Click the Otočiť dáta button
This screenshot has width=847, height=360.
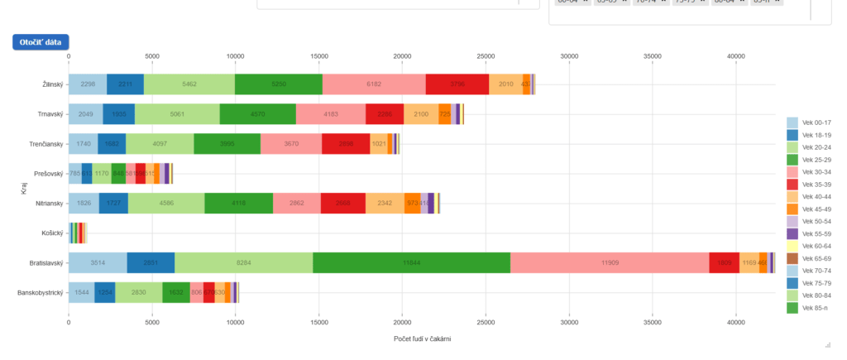click(41, 42)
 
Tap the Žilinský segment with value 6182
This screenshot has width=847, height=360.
click(374, 84)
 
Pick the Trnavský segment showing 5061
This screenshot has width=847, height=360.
click(177, 114)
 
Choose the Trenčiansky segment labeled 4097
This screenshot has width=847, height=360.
click(160, 144)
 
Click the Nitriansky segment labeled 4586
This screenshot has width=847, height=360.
click(166, 204)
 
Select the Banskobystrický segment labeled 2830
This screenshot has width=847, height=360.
click(138, 292)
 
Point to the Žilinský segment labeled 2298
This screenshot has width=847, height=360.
click(88, 84)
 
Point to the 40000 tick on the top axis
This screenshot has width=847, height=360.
click(735, 57)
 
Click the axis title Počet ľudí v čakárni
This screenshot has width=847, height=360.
click(422, 338)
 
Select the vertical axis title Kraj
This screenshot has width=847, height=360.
click(24, 190)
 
